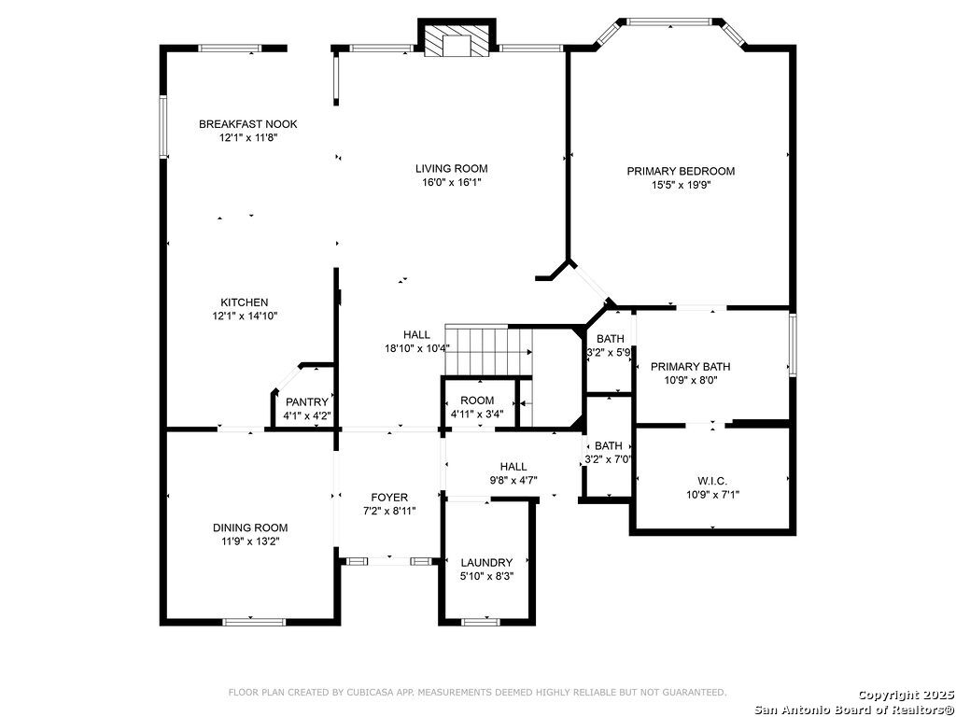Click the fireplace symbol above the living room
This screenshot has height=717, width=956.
[457, 39]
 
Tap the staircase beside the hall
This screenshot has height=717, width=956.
[488, 351]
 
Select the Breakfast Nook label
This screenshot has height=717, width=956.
[248, 124]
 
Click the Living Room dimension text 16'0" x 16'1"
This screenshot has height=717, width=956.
[452, 182]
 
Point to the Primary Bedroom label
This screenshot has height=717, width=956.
[681, 172]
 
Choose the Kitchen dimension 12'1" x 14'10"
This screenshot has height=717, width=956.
[245, 316]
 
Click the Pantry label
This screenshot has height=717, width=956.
[306, 402]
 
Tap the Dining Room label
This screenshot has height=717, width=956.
[250, 528]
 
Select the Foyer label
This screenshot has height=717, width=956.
[389, 498]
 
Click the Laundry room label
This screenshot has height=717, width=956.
[486, 563]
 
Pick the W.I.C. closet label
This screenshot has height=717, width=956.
[712, 481]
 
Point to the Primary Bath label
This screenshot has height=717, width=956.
[690, 367]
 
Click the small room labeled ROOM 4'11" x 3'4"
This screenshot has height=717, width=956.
[477, 401]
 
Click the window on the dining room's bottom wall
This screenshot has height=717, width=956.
[254, 622]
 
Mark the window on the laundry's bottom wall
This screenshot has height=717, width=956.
[481, 622]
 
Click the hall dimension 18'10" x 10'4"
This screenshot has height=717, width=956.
[417, 349]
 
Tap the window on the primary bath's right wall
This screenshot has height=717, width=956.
[792, 344]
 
